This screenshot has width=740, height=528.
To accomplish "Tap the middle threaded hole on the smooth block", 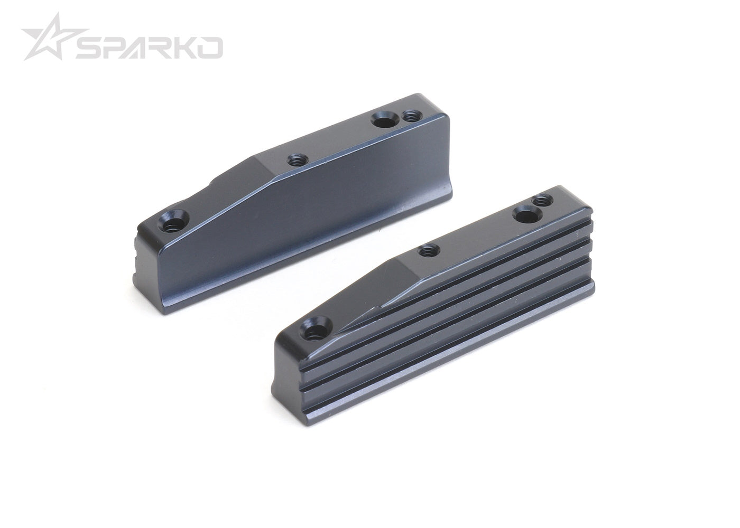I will [294, 159].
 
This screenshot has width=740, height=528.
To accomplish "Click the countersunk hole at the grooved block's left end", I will [316, 333].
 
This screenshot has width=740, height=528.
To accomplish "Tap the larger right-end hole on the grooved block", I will [524, 215].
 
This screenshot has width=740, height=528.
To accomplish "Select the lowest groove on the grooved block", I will [449, 338].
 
